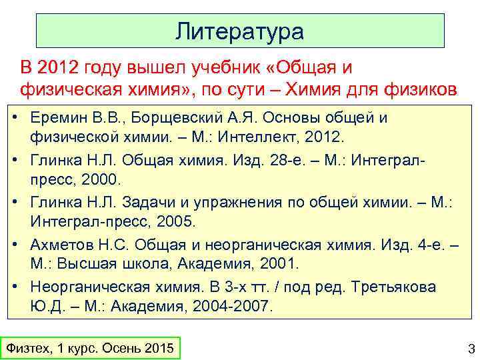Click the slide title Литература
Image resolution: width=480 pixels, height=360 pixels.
pos(240,31)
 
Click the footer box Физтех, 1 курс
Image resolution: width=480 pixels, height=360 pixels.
pos(89,349)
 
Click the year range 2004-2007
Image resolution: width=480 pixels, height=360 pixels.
pos(229,307)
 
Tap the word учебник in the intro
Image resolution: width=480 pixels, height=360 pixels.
pos(237,68)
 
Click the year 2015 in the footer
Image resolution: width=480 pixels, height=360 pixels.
pos(158,349)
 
